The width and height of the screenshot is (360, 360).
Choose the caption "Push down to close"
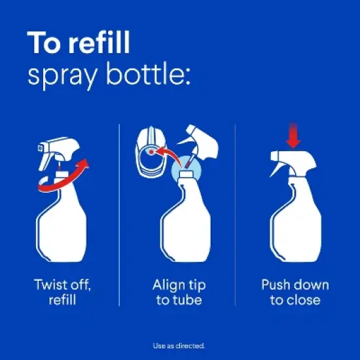point(295,293)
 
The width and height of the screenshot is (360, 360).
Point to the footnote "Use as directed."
point(179,346)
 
